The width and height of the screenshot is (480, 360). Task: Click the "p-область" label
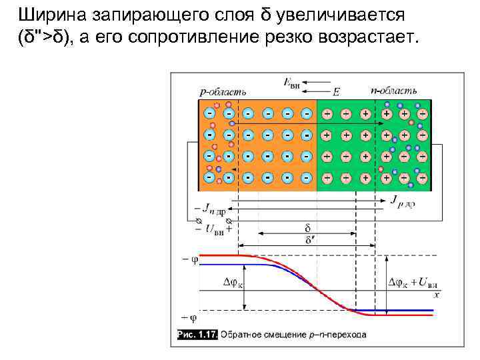pyautogui.click(x=223, y=90)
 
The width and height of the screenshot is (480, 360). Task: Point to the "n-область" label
pyautogui.click(x=394, y=89)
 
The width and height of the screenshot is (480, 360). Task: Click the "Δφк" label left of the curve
pyautogui.click(x=233, y=283)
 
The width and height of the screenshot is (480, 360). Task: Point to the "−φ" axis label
pyautogui.click(x=189, y=257)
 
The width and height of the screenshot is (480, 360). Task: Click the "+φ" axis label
pyautogui.click(x=189, y=317)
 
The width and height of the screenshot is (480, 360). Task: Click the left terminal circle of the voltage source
pyautogui.click(x=197, y=221)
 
